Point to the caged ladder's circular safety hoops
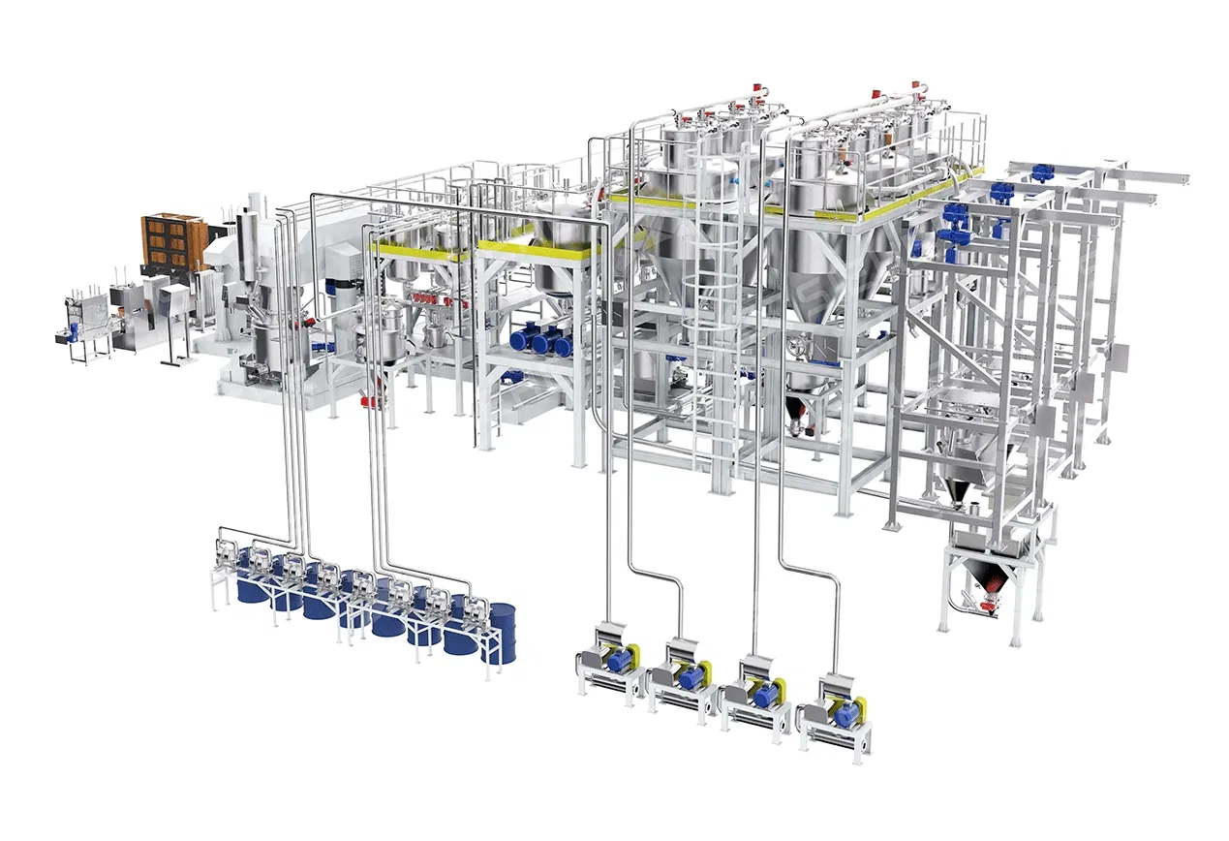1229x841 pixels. [705, 291]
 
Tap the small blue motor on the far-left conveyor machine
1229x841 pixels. [75, 330]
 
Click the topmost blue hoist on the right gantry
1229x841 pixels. [1042, 173]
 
